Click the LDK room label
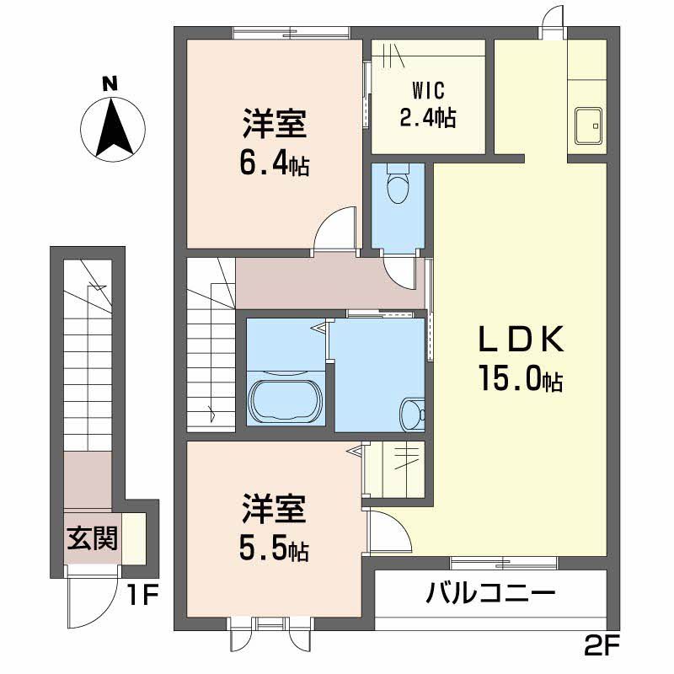click(520, 341)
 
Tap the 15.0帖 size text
click(520, 380)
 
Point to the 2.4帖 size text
click(428, 117)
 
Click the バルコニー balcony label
click(489, 593)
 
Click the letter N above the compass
click(109, 83)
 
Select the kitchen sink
click(588, 126)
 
